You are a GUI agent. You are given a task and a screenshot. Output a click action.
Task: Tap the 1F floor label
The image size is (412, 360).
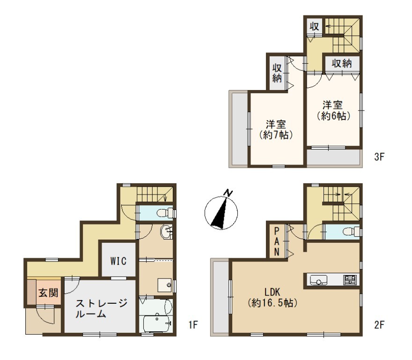pos(193,324)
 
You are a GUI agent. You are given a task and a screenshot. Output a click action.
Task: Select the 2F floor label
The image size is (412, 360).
pos(379,325)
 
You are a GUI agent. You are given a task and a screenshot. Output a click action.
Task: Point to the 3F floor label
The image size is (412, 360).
pos(379,157)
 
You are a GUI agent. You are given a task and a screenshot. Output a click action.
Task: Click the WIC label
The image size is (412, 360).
pos(118,261)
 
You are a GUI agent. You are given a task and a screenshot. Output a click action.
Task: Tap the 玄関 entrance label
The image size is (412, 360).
pos(48,292)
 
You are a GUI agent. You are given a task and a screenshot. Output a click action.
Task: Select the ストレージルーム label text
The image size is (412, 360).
pos(102,308)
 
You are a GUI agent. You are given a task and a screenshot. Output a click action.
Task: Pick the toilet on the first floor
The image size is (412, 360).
pos(165,213)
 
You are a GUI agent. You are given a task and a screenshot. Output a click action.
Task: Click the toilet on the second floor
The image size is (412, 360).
pos(352,232)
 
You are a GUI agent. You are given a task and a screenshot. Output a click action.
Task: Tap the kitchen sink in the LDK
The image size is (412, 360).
pos(318,280)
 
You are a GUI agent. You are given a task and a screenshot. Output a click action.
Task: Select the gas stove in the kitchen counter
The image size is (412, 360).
pos(350,280)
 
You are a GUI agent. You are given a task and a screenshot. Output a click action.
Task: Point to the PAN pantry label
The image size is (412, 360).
pos(277,242)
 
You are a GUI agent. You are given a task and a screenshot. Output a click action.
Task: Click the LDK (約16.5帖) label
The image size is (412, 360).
pos(272,298)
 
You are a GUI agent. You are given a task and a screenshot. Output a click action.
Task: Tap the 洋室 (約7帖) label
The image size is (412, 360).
pos(276,129)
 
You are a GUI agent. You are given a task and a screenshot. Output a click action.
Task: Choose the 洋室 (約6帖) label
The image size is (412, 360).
pos(333,111)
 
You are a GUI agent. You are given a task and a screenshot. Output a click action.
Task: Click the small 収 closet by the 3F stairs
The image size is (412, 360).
pos(314,26)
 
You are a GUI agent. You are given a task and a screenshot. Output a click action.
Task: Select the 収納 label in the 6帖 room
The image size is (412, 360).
pos(342,63)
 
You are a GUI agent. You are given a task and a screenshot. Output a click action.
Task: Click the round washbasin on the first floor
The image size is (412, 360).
pos(166,232)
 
